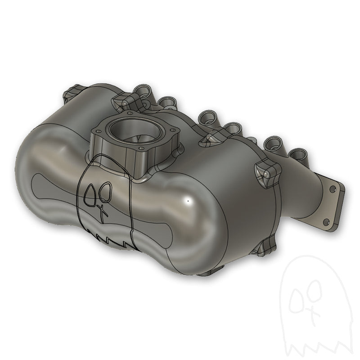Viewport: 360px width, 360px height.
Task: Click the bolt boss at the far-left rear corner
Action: click(70, 95)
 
